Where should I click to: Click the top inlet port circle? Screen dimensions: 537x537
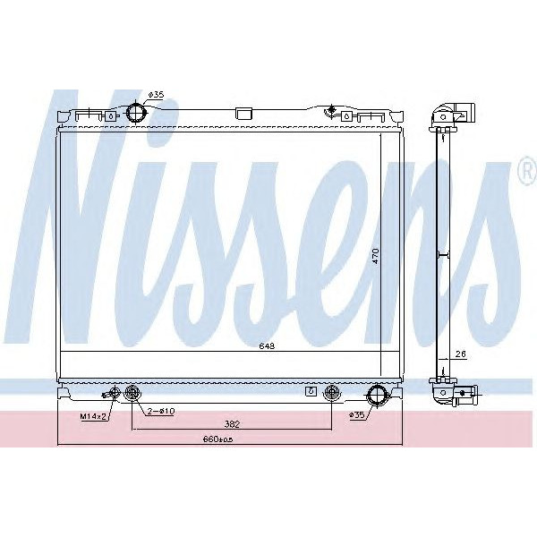(136, 114)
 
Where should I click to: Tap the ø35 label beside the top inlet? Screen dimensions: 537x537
(156, 95)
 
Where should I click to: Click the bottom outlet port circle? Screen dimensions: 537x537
(378, 395)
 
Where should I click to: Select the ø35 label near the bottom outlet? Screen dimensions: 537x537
(357, 415)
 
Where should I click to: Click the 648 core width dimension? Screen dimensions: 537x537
(265, 345)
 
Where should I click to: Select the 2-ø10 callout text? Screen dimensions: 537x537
(160, 412)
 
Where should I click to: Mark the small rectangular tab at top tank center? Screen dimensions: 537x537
(242, 114)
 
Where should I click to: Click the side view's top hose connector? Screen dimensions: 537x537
(454, 114)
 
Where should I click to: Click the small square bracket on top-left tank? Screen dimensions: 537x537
(109, 115)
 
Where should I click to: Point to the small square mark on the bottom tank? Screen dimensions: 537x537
(311, 392)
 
